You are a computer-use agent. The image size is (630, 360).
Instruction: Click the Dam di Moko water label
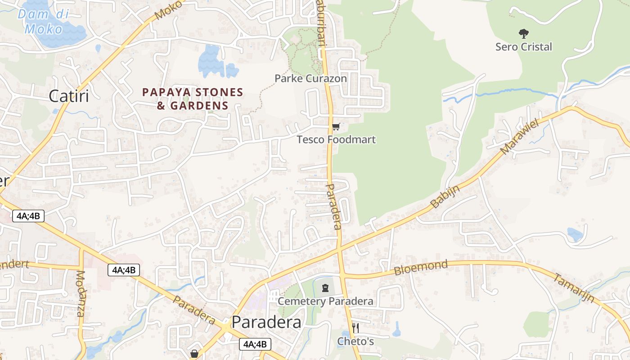pos(43,22)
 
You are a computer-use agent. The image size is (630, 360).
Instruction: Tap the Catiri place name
pos(68,96)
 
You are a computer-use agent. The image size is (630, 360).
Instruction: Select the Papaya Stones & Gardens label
pos(193,99)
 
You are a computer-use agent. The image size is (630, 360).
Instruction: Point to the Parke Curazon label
pos(310,78)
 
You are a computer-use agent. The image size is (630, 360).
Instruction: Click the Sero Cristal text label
pos(523,47)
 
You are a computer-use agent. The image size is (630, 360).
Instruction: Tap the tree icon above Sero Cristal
pos(523,33)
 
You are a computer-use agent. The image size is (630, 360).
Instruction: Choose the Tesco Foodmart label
pos(336,139)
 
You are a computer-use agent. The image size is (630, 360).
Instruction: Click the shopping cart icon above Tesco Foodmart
pos(336,127)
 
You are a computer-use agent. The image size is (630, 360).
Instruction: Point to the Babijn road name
pos(445,197)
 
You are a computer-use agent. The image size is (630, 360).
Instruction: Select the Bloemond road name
pos(421,267)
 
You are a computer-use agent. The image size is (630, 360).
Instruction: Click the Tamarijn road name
pos(573,288)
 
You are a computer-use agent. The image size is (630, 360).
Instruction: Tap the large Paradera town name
pos(266,322)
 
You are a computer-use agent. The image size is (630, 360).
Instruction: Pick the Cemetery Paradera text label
pos(325,301)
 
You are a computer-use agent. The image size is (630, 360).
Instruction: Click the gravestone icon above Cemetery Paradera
pos(325,288)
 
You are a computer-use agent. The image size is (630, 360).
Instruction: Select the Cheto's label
pos(355,342)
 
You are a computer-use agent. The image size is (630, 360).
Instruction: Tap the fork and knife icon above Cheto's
pos(355,328)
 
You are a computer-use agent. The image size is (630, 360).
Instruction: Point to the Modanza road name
pos(81,293)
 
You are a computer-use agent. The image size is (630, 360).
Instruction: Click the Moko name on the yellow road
pos(168,10)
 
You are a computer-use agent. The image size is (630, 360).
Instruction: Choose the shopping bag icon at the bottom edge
pos(194,354)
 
